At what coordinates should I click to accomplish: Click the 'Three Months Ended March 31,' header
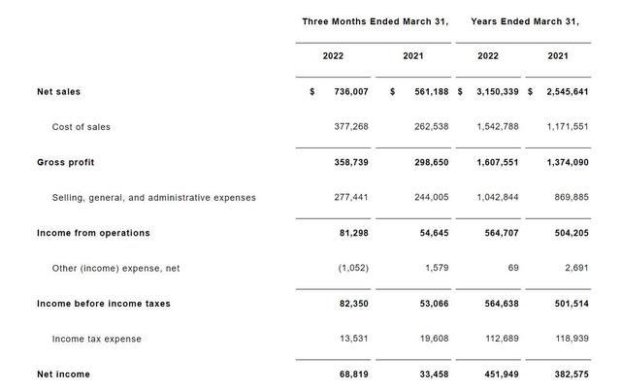click(x=375, y=20)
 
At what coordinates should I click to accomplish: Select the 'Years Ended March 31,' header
click(x=524, y=20)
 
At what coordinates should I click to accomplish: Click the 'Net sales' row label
click(x=58, y=91)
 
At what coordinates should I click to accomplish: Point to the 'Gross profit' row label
click(x=65, y=162)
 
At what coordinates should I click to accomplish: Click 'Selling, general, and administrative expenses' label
click(x=153, y=197)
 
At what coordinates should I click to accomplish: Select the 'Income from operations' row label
click(x=93, y=233)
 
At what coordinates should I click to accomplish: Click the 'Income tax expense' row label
click(x=96, y=339)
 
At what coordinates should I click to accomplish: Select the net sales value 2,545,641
click(x=568, y=91)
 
